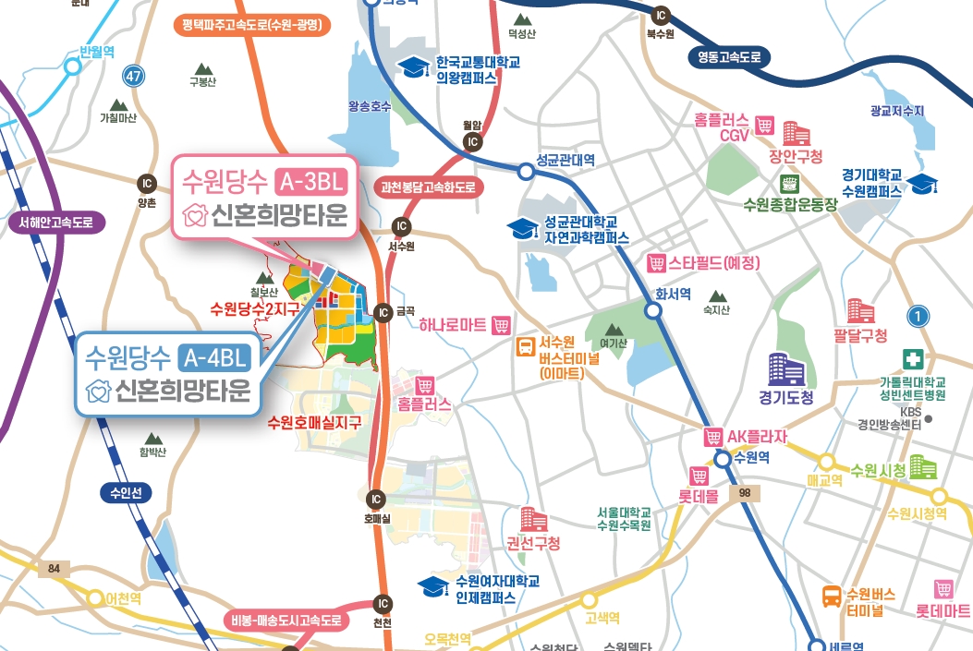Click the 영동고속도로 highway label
(729, 57)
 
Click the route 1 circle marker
(917, 317)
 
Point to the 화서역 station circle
(653, 311)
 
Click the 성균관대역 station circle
(526, 171)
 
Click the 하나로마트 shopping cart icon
(502, 325)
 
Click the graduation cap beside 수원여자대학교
(432, 585)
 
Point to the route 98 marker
(744, 495)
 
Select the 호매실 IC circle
(375, 500)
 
